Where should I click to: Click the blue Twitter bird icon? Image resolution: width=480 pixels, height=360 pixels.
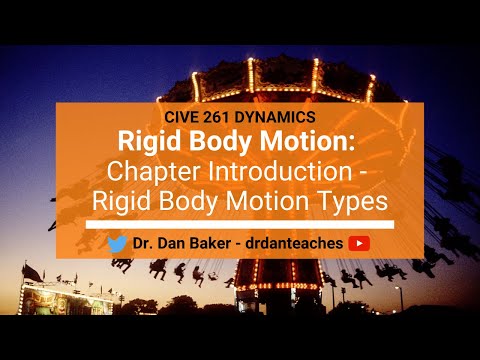coord(117,243)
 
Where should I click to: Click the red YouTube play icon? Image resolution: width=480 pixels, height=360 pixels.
coord(361,243)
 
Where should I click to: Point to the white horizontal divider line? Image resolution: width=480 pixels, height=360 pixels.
coord(240,224)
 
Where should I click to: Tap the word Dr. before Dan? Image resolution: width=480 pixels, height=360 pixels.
coord(143,243)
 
